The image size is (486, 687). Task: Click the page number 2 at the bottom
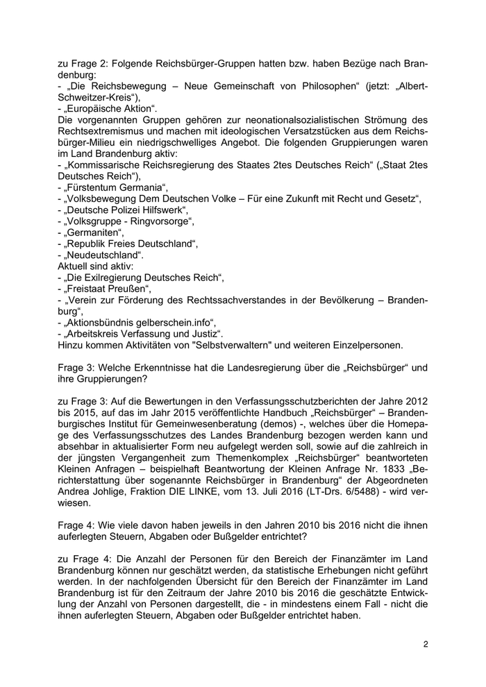(426, 644)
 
